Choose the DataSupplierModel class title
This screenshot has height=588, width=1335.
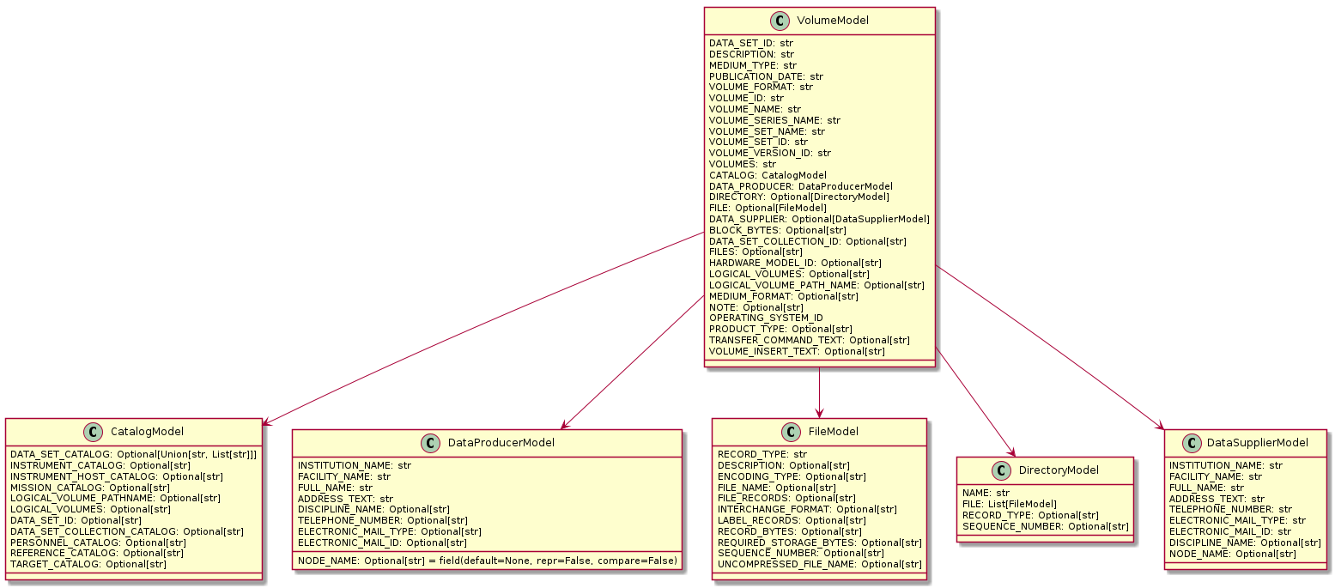[1254, 442]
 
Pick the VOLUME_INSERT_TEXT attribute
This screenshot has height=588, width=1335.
[797, 351]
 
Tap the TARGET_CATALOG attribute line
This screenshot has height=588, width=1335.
[88, 564]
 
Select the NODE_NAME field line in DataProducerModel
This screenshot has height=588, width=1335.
[487, 561]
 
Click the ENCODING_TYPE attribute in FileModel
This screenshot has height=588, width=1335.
[792, 476]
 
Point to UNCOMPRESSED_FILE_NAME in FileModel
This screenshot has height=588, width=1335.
[819, 564]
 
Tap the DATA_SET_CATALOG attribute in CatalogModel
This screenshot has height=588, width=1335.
[133, 454]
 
